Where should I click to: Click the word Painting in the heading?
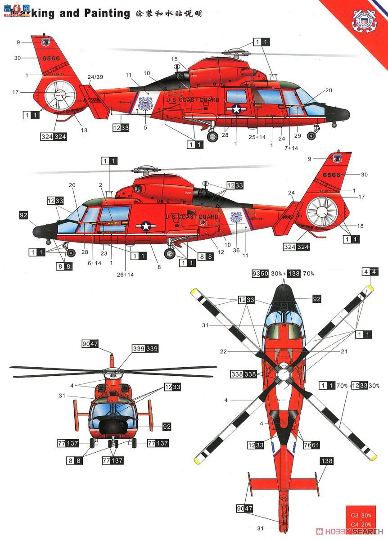pos(107,13)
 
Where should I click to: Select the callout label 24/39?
pos(95,77)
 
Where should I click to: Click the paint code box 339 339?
pos(145,349)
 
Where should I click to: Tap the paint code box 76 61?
pos(310,445)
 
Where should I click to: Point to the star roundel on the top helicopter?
pos(237,109)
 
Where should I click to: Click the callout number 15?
pos(175,59)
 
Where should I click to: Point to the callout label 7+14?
pos(291,148)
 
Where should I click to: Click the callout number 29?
pos(297,135)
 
